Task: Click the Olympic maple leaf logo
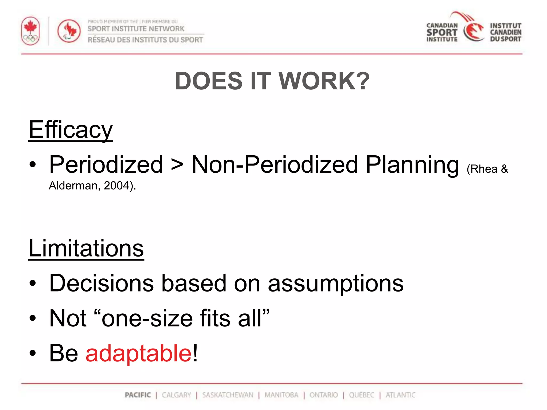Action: click(30, 31)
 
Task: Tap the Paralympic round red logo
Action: click(69, 31)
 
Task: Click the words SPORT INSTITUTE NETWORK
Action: click(136, 29)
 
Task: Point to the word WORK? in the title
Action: click(324, 81)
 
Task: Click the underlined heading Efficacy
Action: click(71, 130)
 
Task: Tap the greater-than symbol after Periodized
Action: click(177, 165)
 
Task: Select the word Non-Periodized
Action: click(275, 165)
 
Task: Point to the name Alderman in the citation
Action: click(73, 186)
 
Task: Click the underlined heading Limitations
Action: click(86, 249)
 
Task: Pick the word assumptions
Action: click(336, 283)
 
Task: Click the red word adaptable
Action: click(139, 353)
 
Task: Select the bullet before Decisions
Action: click(33, 283)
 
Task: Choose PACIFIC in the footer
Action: click(138, 395)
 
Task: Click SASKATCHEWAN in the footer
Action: click(228, 395)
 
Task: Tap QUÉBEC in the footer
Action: click(362, 395)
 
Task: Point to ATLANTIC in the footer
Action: click(400, 395)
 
